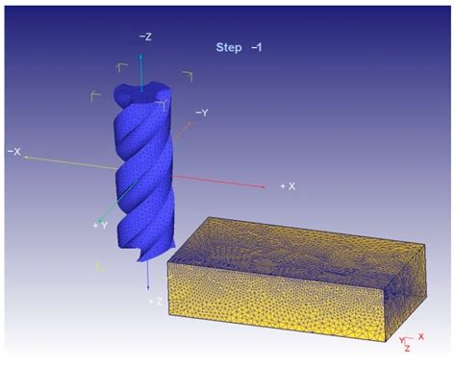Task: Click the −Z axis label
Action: [144, 37]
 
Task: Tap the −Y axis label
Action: [202, 112]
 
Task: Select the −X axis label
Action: [14, 151]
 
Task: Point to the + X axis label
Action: [287, 185]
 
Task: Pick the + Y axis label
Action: [99, 225]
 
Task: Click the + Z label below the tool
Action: [154, 301]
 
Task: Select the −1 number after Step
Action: [257, 45]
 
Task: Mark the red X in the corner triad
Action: [421, 335]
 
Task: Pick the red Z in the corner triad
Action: [408, 348]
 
